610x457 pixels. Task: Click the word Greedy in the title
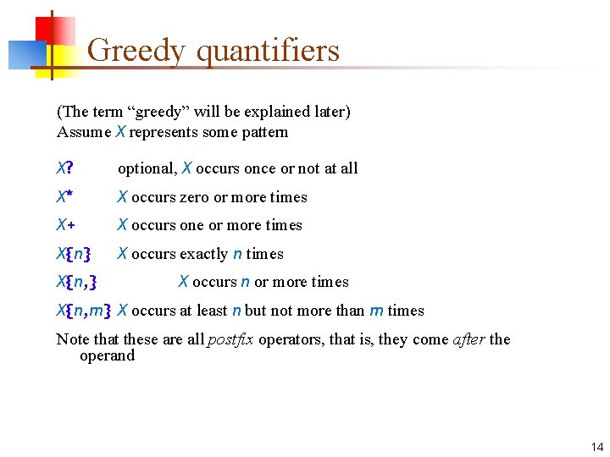point(135,52)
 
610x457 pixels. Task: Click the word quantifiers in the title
point(268,52)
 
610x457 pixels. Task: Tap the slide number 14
point(596,447)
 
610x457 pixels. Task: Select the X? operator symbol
point(64,168)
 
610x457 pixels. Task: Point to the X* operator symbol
point(64,197)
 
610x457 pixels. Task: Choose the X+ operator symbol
point(64,225)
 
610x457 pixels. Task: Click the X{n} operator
point(74,254)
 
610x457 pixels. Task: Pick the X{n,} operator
point(81,282)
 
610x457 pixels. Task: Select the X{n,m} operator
point(85,311)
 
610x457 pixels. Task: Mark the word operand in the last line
point(107,355)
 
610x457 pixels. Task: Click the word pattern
point(263,132)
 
